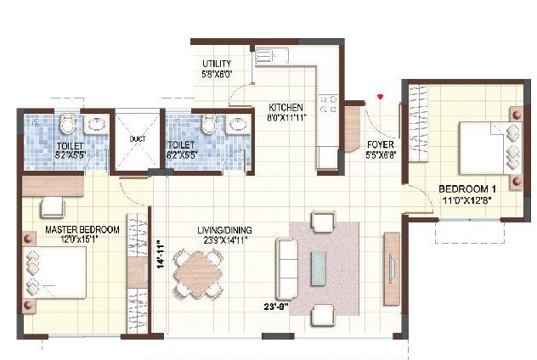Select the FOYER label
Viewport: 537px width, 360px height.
[x=380, y=144]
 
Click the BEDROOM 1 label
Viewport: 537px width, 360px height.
[x=466, y=188]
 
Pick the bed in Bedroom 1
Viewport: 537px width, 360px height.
[x=486, y=147]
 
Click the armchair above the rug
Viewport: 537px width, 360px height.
[x=323, y=222]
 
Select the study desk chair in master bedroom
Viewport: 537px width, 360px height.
[x=53, y=207]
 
